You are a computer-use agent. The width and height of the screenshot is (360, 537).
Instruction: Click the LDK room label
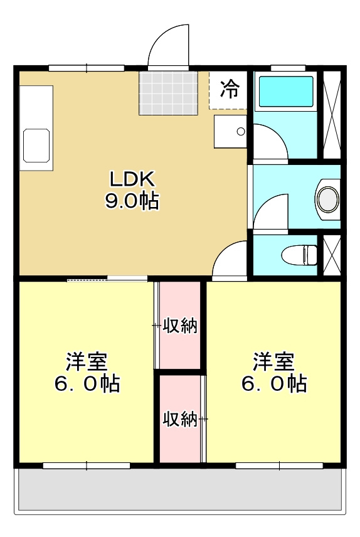pyautogui.click(x=132, y=179)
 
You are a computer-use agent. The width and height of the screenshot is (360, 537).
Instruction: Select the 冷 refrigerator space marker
pyautogui.click(x=230, y=90)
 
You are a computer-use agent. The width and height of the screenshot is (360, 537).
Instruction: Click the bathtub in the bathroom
pyautogui.click(x=286, y=92)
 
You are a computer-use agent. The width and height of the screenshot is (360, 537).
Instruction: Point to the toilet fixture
pyautogui.click(x=299, y=255)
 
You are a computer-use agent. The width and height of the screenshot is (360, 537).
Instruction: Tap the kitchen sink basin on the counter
pyautogui.click(x=36, y=146)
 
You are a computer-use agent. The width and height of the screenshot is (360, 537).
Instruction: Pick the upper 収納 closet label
pyautogui.click(x=180, y=326)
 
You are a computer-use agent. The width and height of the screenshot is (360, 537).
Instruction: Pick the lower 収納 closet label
pyautogui.click(x=180, y=418)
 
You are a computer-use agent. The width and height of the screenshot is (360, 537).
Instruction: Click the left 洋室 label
pyautogui.click(x=87, y=362)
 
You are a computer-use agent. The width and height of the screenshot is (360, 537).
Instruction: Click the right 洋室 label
pyautogui.click(x=273, y=362)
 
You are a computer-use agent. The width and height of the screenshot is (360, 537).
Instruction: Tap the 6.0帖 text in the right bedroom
pyautogui.click(x=273, y=384)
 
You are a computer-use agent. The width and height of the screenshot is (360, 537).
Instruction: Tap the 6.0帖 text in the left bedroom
pyautogui.click(x=87, y=384)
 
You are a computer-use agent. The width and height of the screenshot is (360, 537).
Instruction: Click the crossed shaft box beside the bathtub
pyautogui.click(x=331, y=115)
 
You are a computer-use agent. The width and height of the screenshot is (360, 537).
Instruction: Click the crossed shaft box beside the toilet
pyautogui.click(x=331, y=255)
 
